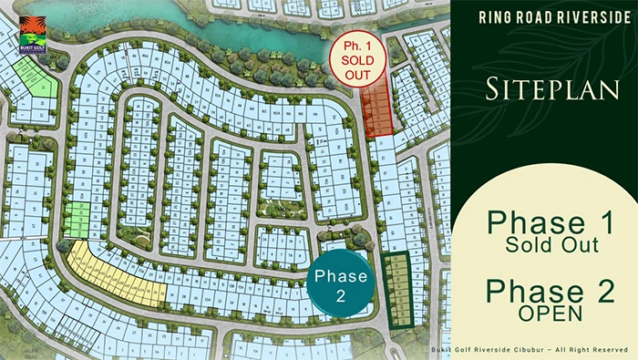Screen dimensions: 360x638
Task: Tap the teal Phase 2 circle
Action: click(340, 285)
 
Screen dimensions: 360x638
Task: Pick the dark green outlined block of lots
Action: click(397, 290)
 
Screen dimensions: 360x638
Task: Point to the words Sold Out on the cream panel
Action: click(543, 245)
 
